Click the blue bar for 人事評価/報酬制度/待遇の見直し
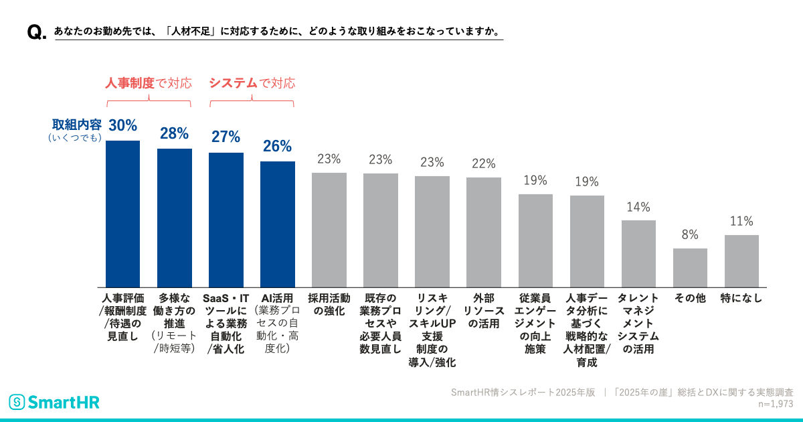pyautogui.click(x=123, y=214)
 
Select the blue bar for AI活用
pyautogui.click(x=277, y=224)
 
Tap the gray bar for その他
pyautogui.click(x=690, y=267)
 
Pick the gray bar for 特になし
pyautogui.click(x=741, y=261)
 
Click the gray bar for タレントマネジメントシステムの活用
pyautogui.click(x=638, y=253)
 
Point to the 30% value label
pyautogui.click(x=123, y=125)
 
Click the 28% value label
pyautogui.click(x=174, y=133)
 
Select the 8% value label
pyautogui.click(x=690, y=235)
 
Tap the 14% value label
pyautogui.click(x=638, y=207)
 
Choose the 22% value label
pyautogui.click(x=483, y=164)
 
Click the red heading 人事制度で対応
pyautogui.click(x=149, y=84)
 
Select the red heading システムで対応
pyautogui.click(x=252, y=84)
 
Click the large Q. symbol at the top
pyautogui.click(x=36, y=33)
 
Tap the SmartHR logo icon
pyautogui.click(x=17, y=402)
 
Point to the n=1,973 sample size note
pyautogui.click(x=775, y=405)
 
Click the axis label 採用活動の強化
pyautogui.click(x=329, y=305)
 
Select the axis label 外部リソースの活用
pyautogui.click(x=483, y=311)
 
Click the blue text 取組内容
pyautogui.click(x=77, y=125)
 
